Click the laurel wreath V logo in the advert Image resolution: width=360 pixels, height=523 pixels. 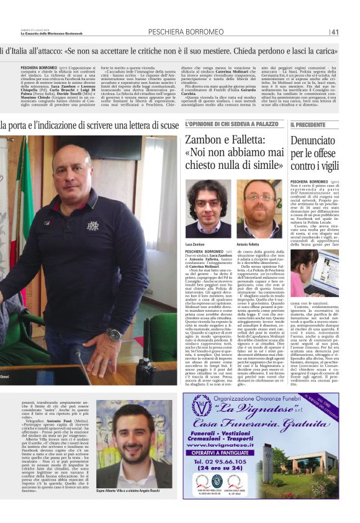[x=202, y=410]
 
